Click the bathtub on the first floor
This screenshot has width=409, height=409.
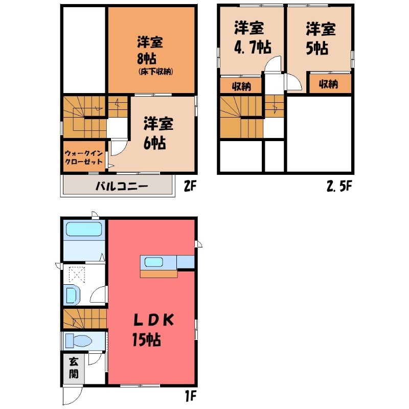click(83, 229)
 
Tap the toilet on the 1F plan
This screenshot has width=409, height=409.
click(79, 340)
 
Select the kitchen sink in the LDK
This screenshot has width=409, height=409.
click(154, 262)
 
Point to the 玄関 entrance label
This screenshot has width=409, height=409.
click(74, 368)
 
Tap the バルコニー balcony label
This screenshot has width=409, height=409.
click(122, 186)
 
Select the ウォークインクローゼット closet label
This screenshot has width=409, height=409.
click(84, 157)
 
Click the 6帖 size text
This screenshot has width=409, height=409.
click(155, 143)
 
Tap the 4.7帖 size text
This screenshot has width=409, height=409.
click(253, 47)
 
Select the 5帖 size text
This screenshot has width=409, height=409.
click(317, 48)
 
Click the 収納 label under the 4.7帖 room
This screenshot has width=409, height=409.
click(242, 86)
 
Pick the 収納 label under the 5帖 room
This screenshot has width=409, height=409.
click(328, 84)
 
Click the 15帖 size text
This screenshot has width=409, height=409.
click(146, 339)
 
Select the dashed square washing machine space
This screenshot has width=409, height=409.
click(77, 274)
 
